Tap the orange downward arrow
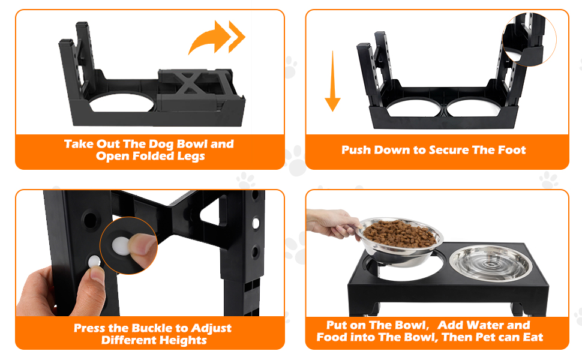point(332,82)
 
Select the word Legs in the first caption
point(191,156)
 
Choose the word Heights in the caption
point(185,340)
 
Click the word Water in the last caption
point(485,325)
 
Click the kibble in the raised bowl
point(399,235)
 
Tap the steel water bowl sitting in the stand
point(491,262)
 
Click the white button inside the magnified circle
point(121,246)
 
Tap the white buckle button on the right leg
point(256,224)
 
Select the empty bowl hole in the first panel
point(121,103)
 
